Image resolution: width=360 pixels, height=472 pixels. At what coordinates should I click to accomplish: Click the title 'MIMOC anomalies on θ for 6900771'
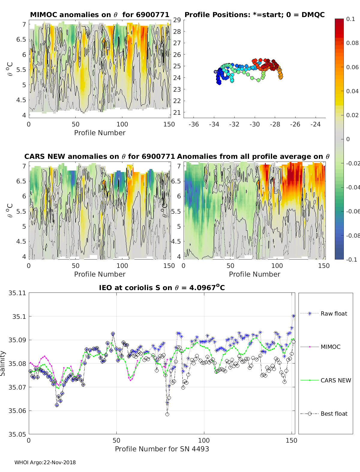[100, 15]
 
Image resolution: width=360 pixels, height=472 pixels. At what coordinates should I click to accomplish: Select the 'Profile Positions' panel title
[254, 15]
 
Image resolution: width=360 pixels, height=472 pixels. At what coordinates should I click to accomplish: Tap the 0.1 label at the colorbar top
[350, 19]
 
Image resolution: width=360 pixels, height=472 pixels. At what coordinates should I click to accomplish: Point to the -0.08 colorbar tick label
[352, 236]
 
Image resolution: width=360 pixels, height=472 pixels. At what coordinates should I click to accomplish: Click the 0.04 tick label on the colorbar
[352, 91]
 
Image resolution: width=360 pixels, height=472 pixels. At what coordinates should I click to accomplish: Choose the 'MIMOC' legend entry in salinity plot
[330, 347]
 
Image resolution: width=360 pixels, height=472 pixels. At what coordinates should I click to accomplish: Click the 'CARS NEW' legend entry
[335, 380]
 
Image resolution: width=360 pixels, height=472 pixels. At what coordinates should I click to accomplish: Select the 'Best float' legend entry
[334, 414]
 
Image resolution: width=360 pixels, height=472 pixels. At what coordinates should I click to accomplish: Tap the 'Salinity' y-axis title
[3, 363]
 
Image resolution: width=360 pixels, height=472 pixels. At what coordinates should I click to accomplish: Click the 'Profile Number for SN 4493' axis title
[162, 449]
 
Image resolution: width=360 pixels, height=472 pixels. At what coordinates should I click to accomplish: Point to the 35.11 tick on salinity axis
[17, 293]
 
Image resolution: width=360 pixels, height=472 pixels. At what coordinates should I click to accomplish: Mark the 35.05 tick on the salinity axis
[17, 434]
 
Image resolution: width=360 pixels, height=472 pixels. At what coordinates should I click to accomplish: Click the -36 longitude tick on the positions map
[193, 124]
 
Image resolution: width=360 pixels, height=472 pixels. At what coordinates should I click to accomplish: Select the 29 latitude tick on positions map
[177, 20]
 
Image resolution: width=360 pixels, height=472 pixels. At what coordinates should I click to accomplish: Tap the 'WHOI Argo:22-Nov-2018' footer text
[45, 462]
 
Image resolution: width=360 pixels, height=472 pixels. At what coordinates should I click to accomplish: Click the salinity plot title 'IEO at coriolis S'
[162, 288]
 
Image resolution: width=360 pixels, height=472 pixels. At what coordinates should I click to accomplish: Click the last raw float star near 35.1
[293, 316]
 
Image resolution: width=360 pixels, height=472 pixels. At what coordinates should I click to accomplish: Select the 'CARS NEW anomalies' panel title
[100, 156]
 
